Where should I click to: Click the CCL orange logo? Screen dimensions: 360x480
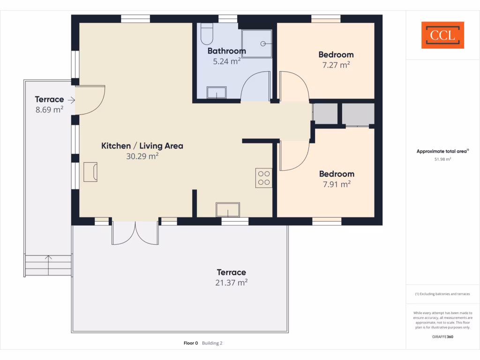click(x=442, y=35)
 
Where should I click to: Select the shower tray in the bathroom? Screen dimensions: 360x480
click(x=257, y=43)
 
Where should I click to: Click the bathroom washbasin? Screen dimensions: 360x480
click(x=217, y=93)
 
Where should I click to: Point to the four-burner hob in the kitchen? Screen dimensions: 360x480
click(x=264, y=178)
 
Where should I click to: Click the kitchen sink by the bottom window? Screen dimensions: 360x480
click(x=228, y=210)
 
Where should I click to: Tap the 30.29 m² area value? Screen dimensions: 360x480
click(x=142, y=157)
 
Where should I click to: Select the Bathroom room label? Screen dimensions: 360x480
click(x=226, y=51)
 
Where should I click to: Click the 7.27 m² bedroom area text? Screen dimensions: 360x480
click(x=336, y=65)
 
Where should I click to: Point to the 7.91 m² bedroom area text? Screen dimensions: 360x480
click(x=336, y=184)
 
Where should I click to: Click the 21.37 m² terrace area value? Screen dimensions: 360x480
click(x=231, y=283)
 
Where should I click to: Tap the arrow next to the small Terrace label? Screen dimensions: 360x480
click(x=71, y=100)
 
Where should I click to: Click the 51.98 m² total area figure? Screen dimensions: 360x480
click(x=442, y=159)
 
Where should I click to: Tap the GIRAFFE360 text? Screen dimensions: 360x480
click(x=442, y=337)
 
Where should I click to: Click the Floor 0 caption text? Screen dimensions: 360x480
click(x=191, y=343)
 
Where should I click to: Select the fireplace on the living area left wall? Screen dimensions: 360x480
click(x=90, y=172)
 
